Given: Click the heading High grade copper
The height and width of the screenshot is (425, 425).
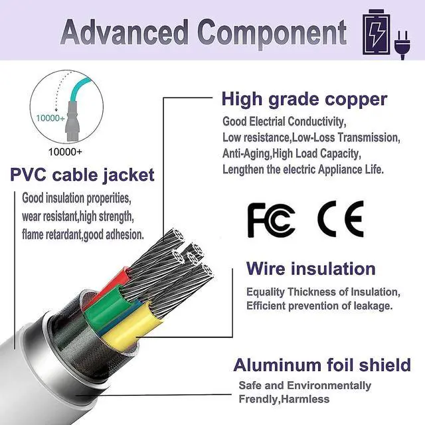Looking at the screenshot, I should [x=304, y=100].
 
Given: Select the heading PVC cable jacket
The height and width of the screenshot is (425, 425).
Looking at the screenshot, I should [x=82, y=175].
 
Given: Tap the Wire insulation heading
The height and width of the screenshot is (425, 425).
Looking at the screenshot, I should [x=311, y=269].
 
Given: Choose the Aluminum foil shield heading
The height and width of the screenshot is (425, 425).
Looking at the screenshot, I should [x=322, y=365].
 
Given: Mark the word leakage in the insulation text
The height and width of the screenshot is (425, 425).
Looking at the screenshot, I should [x=372, y=305].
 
